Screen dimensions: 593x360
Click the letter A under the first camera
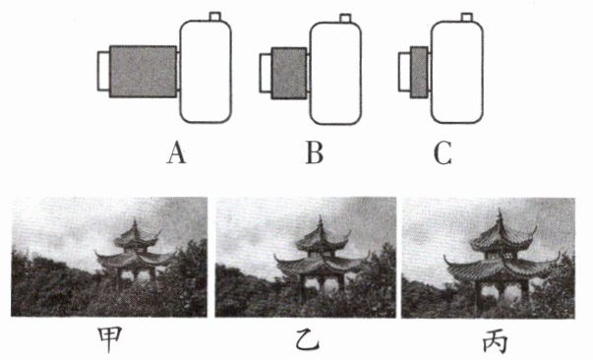point(176,153)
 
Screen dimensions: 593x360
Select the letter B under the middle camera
point(315,153)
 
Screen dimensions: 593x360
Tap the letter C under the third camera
point(443,153)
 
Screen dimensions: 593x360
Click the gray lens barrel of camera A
point(144,72)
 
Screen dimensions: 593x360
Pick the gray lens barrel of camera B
point(289,73)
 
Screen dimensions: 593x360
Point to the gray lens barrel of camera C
point(419,72)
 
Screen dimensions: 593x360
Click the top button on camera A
point(215,17)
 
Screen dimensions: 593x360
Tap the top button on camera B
point(345,18)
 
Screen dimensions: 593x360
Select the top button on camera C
point(466,17)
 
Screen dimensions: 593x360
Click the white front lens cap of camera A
point(103,72)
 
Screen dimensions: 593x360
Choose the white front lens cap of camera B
point(266,73)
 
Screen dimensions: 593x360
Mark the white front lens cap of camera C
point(404,72)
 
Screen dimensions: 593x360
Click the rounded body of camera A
point(206,72)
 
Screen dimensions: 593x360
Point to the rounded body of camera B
point(335,73)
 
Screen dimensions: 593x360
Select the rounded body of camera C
point(457,72)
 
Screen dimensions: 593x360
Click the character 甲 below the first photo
point(109,339)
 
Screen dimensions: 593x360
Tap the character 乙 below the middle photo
point(307,338)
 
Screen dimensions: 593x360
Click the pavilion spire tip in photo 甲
point(135,219)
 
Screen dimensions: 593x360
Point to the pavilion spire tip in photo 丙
point(500,210)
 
